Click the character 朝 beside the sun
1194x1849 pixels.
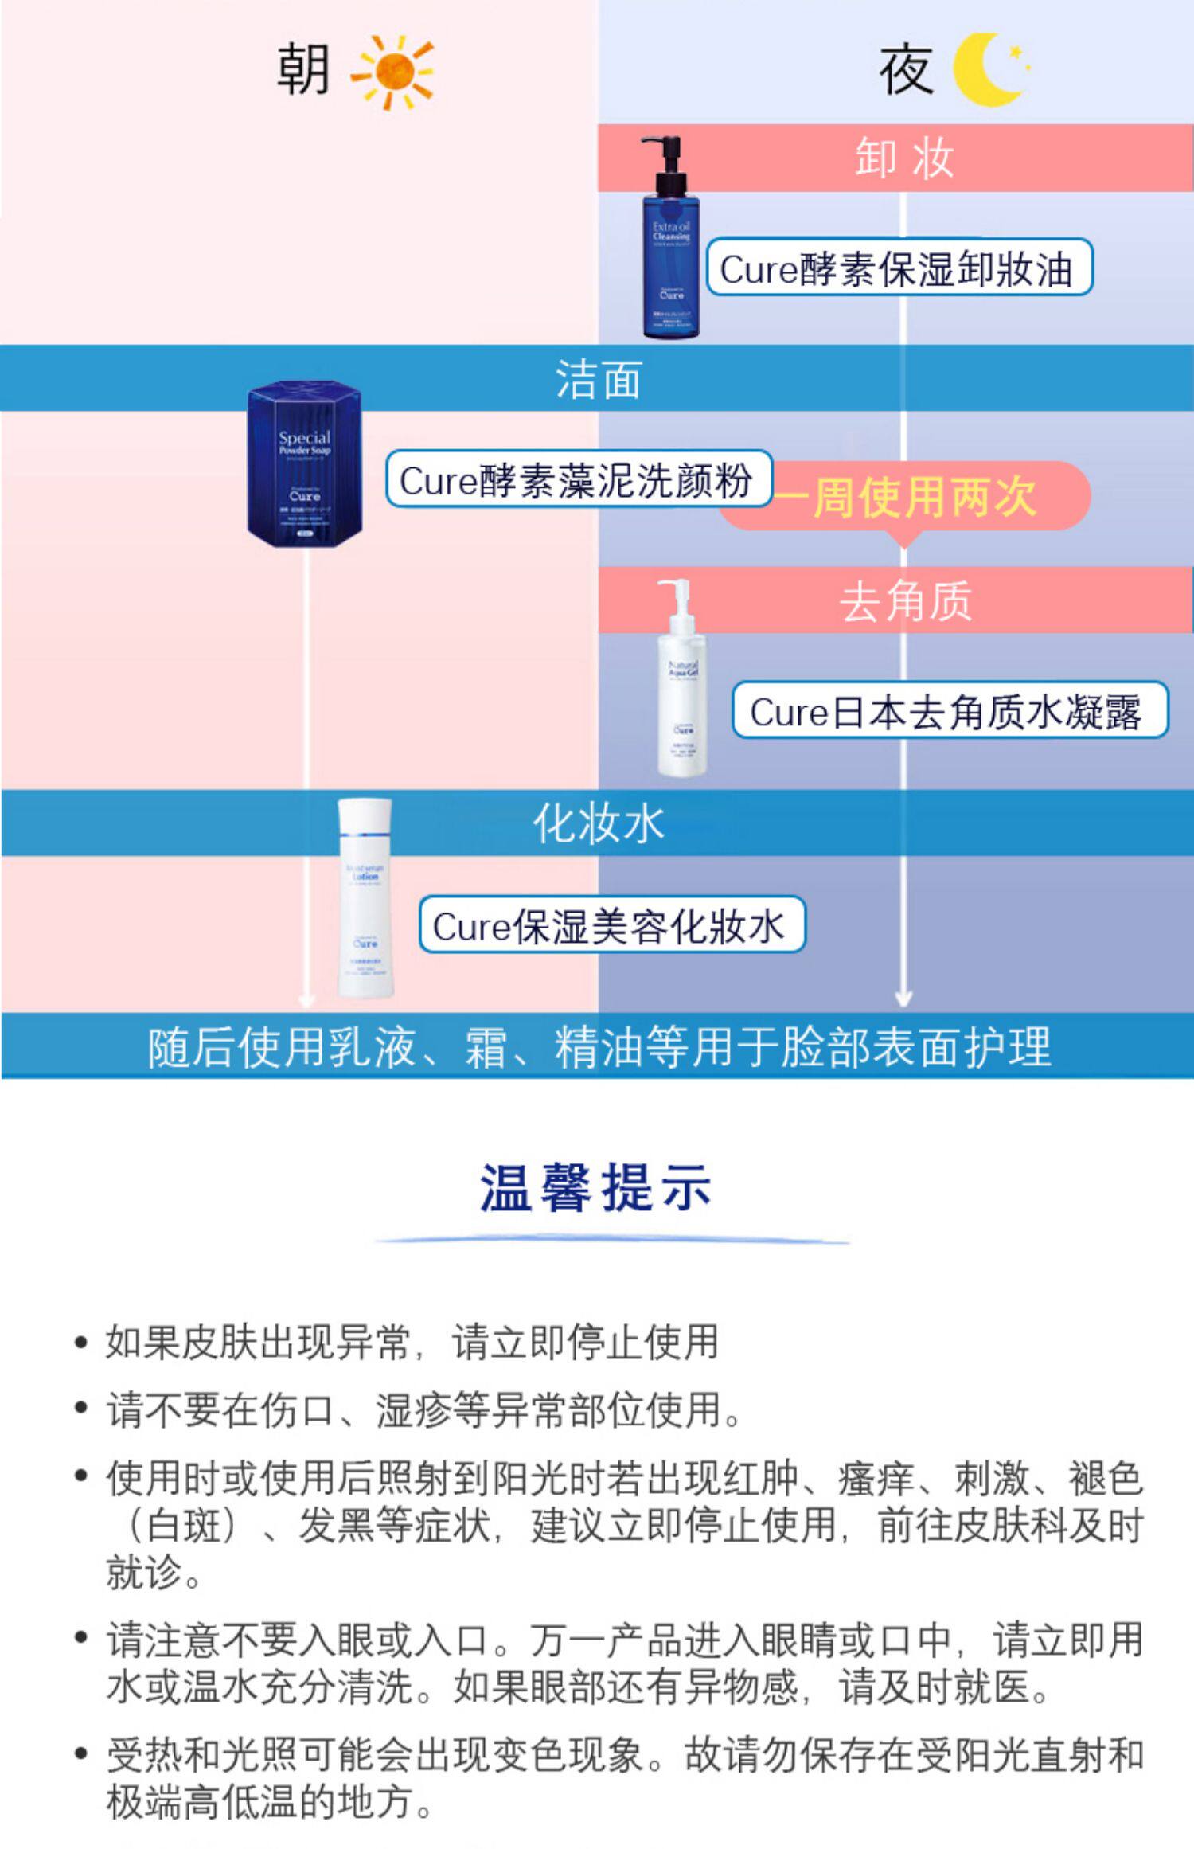point(303,69)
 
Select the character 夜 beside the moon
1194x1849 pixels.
point(906,70)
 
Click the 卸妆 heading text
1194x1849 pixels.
point(904,158)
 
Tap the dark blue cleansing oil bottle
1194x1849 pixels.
point(671,263)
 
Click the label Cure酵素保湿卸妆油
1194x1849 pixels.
point(899,268)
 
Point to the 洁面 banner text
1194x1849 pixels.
point(598,378)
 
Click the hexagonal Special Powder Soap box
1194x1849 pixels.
point(305,464)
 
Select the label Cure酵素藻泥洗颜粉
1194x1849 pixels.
point(577,479)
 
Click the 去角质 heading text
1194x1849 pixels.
point(905,600)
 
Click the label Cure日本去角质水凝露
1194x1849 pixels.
point(947,711)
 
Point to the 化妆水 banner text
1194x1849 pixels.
point(598,823)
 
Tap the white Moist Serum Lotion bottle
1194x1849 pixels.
point(365,900)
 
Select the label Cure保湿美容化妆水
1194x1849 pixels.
point(611,925)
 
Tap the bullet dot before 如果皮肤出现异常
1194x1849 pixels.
point(80,1343)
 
